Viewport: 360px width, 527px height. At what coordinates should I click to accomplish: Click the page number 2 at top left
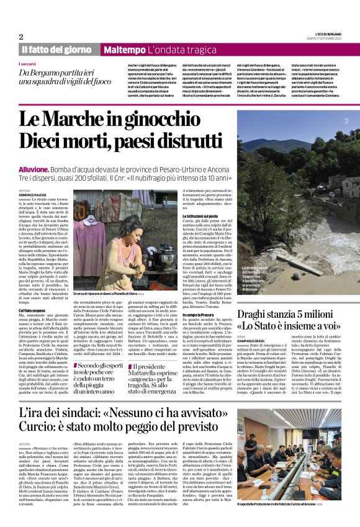pos(21,37)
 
